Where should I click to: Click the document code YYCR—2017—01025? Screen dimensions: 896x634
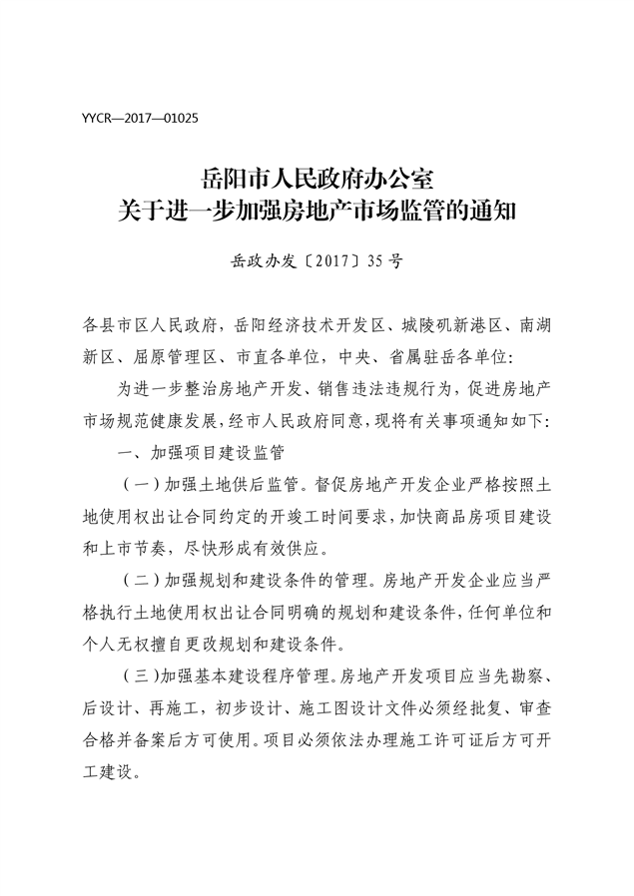click(x=141, y=118)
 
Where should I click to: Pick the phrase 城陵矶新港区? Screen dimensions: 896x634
click(x=446, y=324)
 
